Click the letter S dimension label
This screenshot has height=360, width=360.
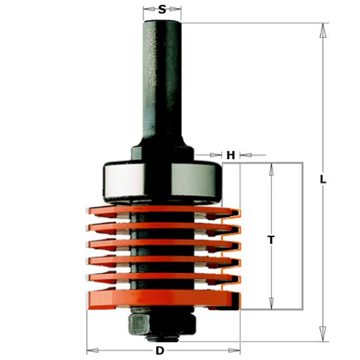pyautogui.click(x=163, y=10)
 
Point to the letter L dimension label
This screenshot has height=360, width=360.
pyautogui.click(x=323, y=179)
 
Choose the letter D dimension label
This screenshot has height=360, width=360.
pyautogui.click(x=160, y=350)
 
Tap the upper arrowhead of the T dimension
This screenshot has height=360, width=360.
pyautogui.click(x=272, y=169)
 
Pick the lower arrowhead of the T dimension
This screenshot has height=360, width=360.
pyautogui.click(x=272, y=304)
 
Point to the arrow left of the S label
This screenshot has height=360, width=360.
pyautogui.click(x=148, y=10)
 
